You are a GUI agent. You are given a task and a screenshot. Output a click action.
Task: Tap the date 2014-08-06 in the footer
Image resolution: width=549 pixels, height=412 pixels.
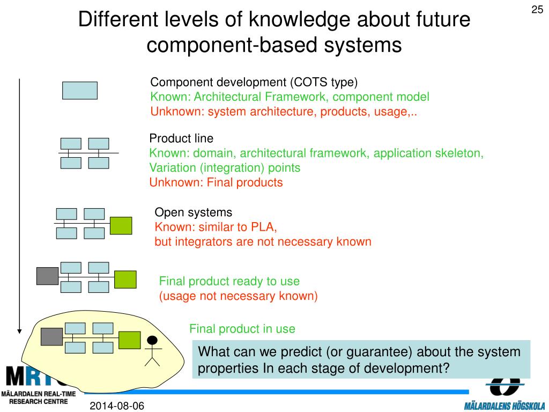[x=117, y=406]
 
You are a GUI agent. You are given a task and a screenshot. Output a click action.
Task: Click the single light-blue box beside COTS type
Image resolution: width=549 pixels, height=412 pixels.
[x=80, y=91]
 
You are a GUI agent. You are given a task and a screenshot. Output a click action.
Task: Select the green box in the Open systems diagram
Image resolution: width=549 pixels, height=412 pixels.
[x=121, y=225]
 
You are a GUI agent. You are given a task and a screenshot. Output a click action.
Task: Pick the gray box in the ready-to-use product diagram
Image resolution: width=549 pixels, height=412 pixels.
[x=47, y=276]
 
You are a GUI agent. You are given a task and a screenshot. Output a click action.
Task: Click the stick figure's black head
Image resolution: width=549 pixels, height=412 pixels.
[x=153, y=340]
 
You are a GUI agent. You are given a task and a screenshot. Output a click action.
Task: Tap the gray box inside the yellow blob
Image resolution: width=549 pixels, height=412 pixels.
[x=52, y=336]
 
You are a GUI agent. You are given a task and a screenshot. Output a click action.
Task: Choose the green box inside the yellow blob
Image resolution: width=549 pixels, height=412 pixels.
[x=129, y=340]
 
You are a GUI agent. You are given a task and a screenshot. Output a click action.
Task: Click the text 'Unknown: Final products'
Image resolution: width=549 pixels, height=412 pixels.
[x=216, y=182]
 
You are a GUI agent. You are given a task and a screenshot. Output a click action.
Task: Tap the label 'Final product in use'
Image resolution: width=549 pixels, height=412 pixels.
[x=242, y=329]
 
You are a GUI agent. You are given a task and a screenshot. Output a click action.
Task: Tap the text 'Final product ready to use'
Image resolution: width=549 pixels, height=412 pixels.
[x=229, y=281]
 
